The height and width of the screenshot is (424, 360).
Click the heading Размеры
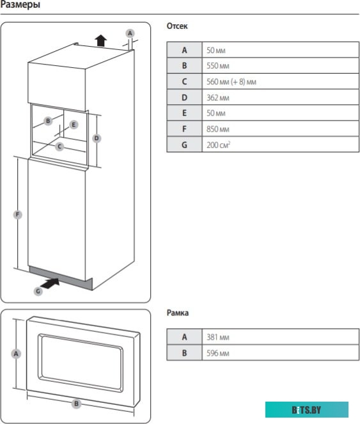[20, 6]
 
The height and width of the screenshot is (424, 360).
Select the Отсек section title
[177, 27]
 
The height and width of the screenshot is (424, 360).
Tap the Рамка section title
[178, 313]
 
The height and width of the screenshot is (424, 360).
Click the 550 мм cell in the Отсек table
[281, 65]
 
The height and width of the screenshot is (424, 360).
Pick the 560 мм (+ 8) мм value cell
[281, 81]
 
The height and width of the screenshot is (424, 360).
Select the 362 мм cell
[281, 97]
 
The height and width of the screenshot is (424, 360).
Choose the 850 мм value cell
[281, 129]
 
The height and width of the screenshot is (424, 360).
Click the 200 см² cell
[281, 145]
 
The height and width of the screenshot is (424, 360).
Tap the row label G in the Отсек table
[184, 145]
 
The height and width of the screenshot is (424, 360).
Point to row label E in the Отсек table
[184, 113]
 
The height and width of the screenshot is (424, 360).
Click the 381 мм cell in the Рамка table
[281, 337]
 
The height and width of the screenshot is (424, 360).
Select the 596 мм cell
[281, 352]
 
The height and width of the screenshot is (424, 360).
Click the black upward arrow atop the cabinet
[100, 40]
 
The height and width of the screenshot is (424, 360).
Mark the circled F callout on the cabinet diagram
[17, 215]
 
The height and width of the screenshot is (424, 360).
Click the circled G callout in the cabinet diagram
[38, 291]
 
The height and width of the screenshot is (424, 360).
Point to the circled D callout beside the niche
[97, 138]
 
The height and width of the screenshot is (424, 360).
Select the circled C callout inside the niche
[59, 146]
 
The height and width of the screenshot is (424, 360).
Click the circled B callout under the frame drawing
[76, 404]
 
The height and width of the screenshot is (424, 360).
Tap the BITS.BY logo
[306, 409]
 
